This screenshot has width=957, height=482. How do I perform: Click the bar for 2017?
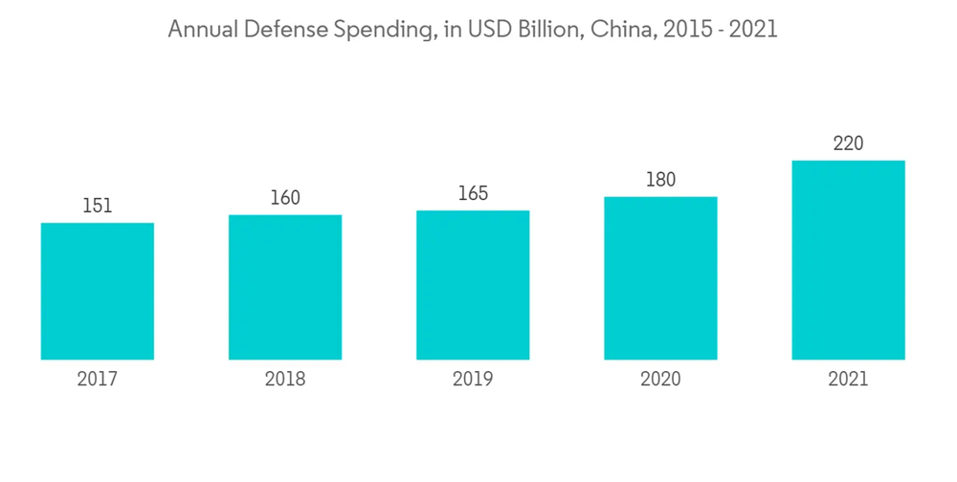98,291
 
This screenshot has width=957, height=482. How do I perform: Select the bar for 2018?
285,287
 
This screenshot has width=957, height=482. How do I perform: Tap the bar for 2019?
473,285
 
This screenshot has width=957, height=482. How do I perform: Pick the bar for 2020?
660,278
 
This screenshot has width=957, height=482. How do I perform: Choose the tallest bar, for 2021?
848,260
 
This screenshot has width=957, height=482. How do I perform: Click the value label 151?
98,206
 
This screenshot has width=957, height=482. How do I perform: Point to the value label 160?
285,198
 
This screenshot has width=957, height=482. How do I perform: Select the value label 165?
473,193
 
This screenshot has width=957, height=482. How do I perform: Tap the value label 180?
660,180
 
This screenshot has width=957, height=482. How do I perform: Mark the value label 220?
848,144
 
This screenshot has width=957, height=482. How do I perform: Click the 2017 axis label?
98,380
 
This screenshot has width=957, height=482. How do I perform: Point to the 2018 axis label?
285,380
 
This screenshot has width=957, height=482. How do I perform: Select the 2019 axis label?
473,380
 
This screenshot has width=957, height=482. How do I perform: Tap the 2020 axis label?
660,380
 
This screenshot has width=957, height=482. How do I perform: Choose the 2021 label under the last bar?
848,380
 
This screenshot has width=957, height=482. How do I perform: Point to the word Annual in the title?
201,30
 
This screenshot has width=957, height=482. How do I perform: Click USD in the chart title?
481,30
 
